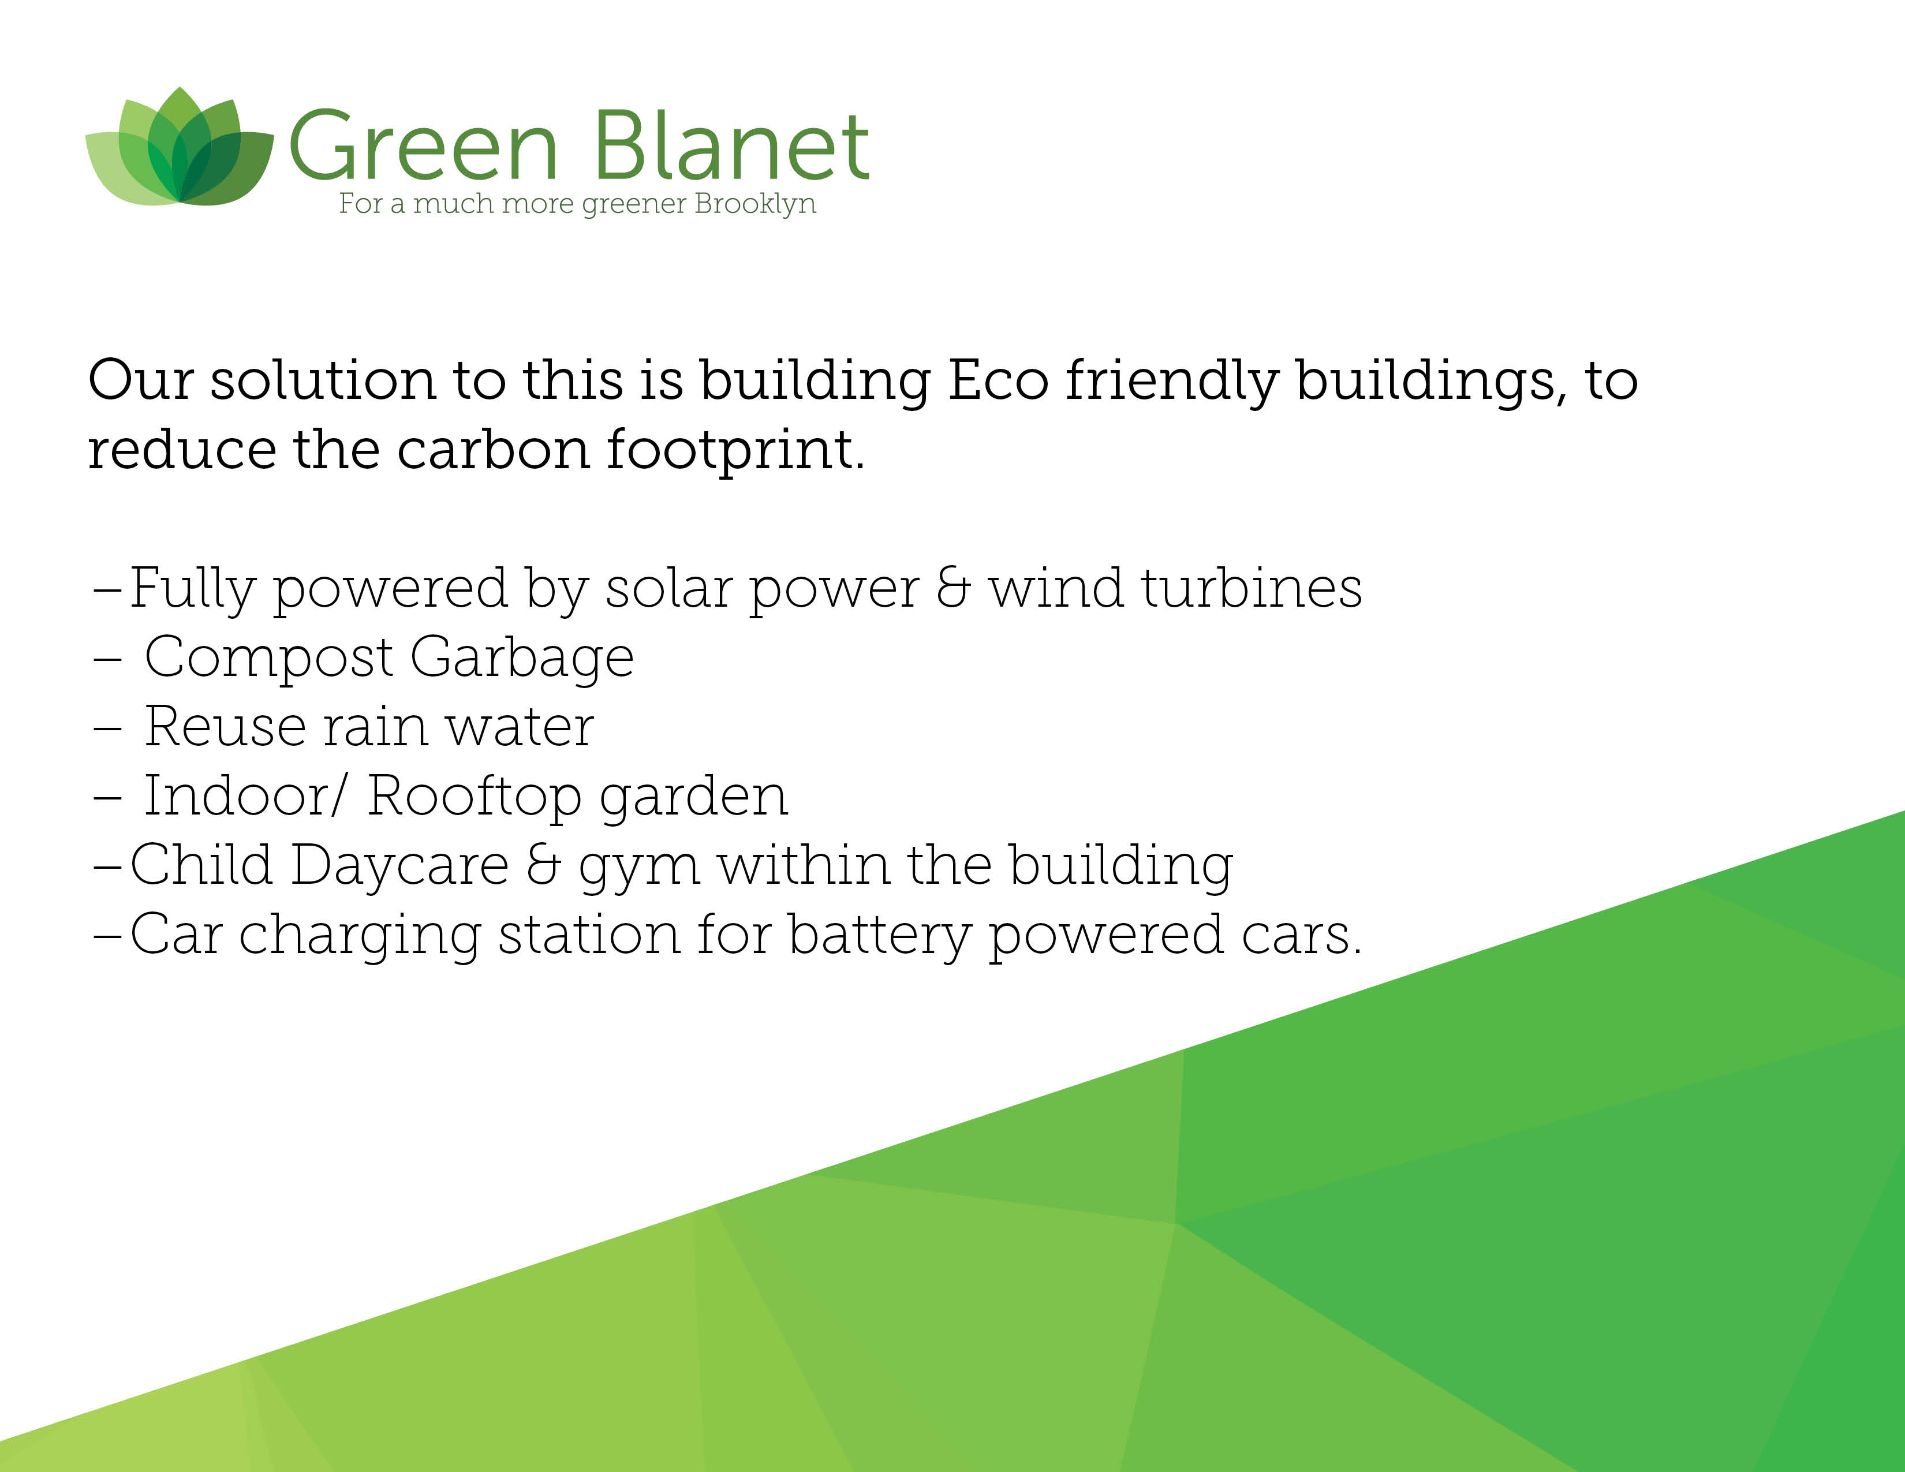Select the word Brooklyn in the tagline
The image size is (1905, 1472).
point(756,204)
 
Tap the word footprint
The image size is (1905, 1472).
point(735,451)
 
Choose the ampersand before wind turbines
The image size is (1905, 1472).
point(954,589)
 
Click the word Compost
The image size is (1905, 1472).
point(268,659)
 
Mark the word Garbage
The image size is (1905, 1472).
point(522,659)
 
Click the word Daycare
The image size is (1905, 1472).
point(399,867)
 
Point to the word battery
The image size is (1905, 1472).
point(879,936)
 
